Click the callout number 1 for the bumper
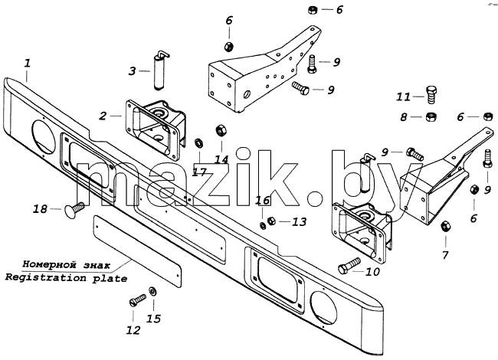coord(28,63)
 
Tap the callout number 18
coord(40,209)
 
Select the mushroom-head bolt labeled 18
coord(74,209)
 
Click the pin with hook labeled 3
coord(159,70)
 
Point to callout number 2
coord(103,116)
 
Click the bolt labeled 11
coord(431,94)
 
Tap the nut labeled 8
coord(431,117)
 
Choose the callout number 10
coord(372,272)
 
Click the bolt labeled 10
coord(349,266)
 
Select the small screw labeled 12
coord(137,300)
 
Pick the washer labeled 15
coord(152,291)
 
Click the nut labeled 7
coord(445,227)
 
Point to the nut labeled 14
coord(221,130)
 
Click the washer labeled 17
coord(199,142)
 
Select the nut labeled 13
coord(271,221)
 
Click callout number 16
coord(263,201)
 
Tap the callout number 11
coord(403,97)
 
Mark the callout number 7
coord(445,254)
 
